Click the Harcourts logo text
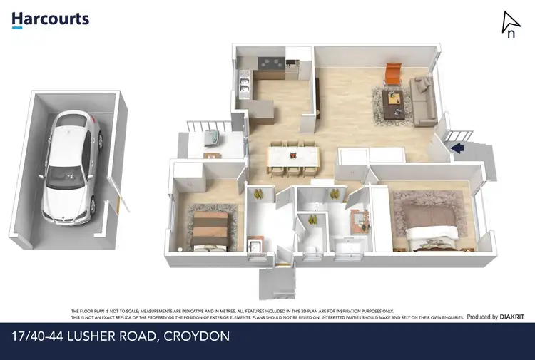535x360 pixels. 50,18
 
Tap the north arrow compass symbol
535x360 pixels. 510,24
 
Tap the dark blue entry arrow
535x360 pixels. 457,148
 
